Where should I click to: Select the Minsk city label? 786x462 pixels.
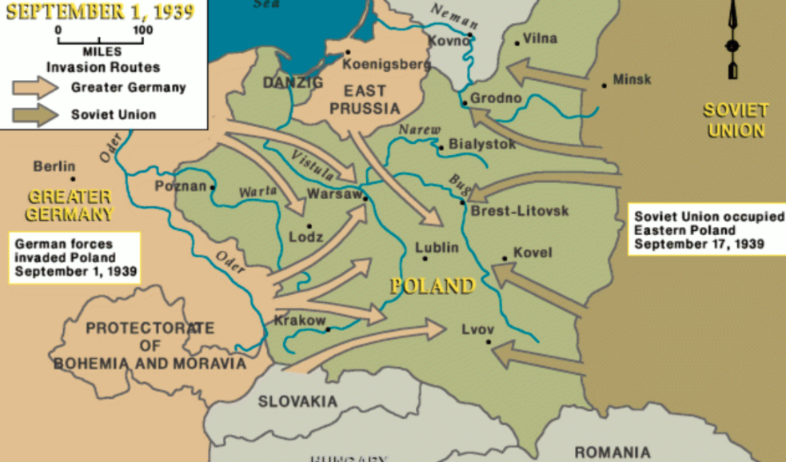(x=632, y=79)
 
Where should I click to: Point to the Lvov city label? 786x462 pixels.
(x=478, y=329)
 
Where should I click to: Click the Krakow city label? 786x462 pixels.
(x=300, y=321)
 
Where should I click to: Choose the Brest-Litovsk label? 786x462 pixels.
(x=520, y=211)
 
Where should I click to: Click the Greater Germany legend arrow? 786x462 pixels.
(x=35, y=87)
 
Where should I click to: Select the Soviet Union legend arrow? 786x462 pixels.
(x=35, y=114)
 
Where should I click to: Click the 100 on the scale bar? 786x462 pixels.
(x=142, y=30)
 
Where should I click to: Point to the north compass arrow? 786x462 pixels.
(x=732, y=40)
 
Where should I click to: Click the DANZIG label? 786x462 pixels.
(x=293, y=83)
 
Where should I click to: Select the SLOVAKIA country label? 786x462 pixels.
(x=297, y=401)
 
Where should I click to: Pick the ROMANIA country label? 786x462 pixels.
(x=612, y=452)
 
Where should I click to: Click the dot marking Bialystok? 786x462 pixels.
(x=441, y=147)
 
